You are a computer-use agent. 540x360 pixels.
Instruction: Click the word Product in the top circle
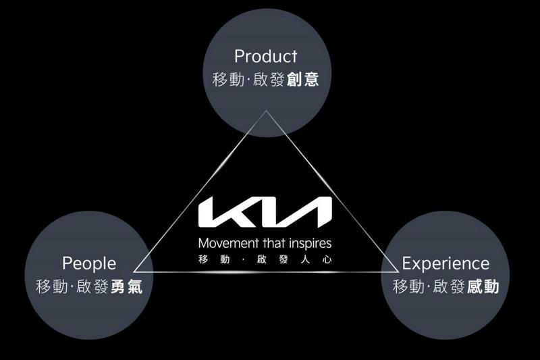[x=265, y=55]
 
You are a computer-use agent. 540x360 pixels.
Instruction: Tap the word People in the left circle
[x=89, y=263]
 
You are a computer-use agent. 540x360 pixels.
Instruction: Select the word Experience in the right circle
[x=446, y=263]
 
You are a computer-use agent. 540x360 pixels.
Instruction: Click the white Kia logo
[x=265, y=213]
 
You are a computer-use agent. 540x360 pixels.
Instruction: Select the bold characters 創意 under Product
[x=303, y=80]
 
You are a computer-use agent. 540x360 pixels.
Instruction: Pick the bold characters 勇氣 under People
[x=127, y=287]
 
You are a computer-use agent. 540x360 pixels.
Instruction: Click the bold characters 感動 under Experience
[x=483, y=287]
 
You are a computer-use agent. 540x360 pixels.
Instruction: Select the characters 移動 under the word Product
[x=227, y=80]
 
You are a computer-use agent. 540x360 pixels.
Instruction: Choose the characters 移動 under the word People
[x=51, y=287]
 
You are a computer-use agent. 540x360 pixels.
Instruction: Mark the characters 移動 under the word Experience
[x=408, y=287]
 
